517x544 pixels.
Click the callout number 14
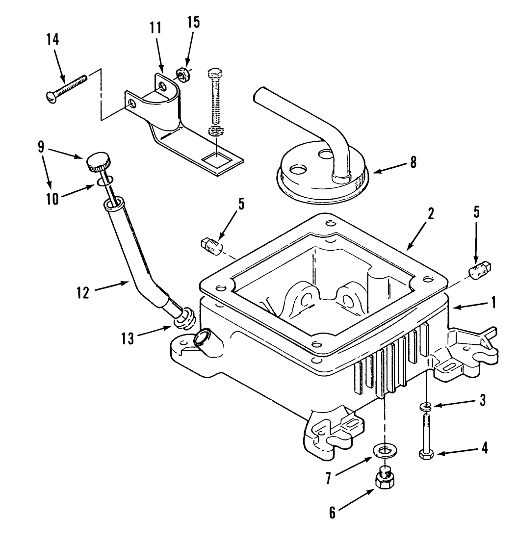52,39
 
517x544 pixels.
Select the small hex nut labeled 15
181,75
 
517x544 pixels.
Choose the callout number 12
83,293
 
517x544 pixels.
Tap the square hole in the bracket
216,158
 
